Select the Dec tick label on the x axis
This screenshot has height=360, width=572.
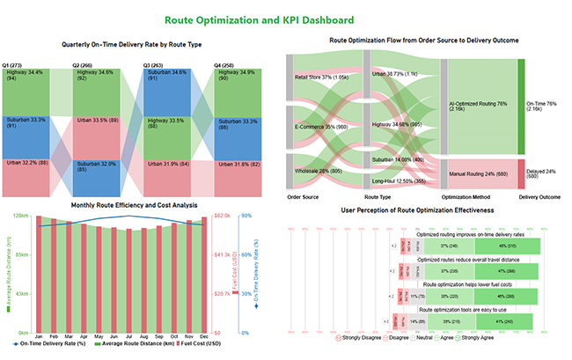pyautogui.click(x=206, y=337)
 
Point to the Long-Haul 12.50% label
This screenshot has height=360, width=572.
pyautogui.click(x=392, y=181)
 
